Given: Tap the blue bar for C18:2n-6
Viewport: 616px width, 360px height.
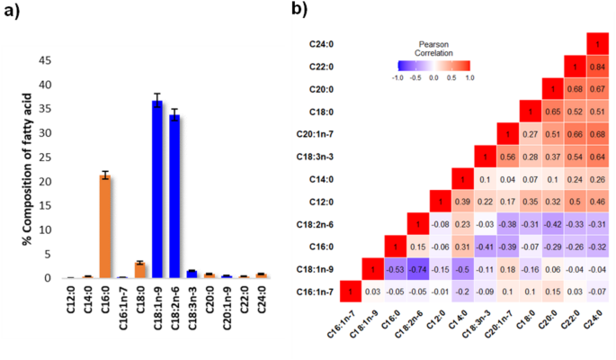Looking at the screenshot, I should pyautogui.click(x=175, y=197).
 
